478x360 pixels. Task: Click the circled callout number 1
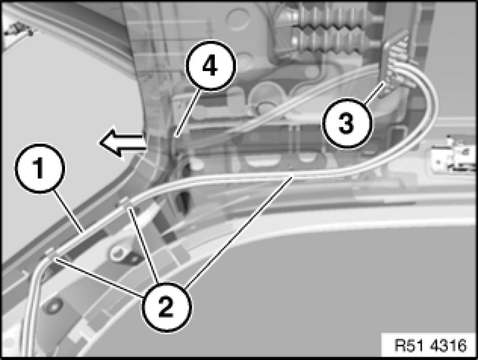[39, 168]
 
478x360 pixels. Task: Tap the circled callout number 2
[166, 306]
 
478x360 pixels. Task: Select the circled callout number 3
[347, 123]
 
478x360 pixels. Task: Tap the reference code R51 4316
[430, 345]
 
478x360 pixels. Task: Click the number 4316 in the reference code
[448, 345]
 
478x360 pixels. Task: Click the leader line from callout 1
[69, 211]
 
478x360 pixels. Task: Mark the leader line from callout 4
[188, 112]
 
